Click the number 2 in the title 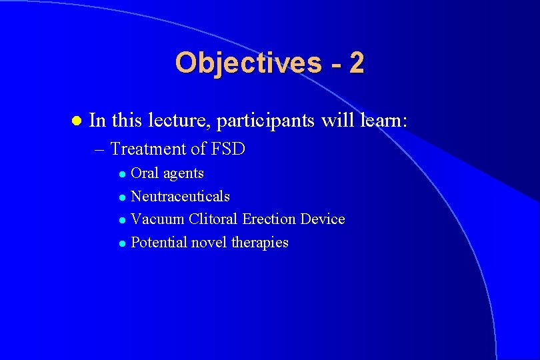tap(356, 63)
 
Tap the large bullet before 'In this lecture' tap(75, 121)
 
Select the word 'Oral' tap(145, 173)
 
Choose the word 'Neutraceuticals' tap(180, 197)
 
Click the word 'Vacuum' tap(157, 219)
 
